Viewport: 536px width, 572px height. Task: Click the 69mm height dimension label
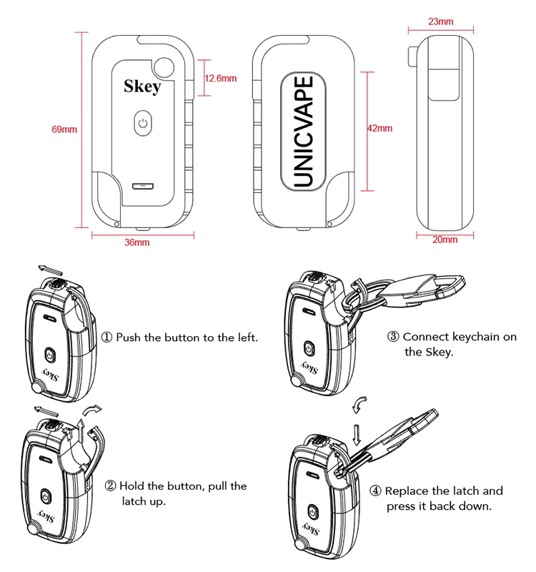pyautogui.click(x=64, y=129)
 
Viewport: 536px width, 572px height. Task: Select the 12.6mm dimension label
pyautogui.click(x=220, y=78)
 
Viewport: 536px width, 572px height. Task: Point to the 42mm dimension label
pyautogui.click(x=379, y=129)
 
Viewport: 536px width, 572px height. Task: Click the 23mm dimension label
pyautogui.click(x=440, y=21)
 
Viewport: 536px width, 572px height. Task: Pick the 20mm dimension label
pyautogui.click(x=445, y=240)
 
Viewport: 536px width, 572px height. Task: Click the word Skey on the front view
pyautogui.click(x=142, y=87)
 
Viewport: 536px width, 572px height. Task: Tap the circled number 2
pyautogui.click(x=111, y=486)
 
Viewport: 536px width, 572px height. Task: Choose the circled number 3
pyautogui.click(x=393, y=337)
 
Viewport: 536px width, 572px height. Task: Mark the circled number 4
pyautogui.click(x=375, y=491)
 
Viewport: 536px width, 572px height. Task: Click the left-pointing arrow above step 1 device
pyautogui.click(x=51, y=268)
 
